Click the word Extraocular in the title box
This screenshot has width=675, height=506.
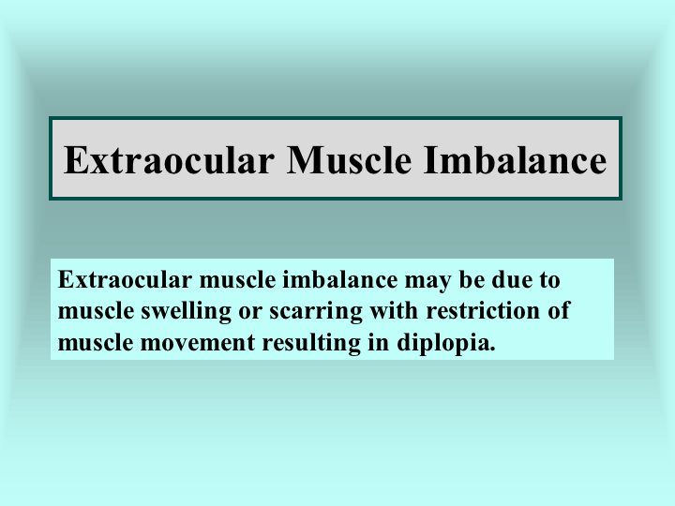169,160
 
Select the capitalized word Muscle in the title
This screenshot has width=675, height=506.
349,159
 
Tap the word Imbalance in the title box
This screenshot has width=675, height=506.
515,159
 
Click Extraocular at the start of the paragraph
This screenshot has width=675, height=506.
125,279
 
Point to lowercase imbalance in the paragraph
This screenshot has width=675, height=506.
340,279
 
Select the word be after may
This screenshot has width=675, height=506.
472,279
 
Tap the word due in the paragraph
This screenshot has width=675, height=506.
512,279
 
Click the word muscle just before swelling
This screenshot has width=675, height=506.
96,311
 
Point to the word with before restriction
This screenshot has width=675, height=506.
394,311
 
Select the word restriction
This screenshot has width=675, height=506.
483,311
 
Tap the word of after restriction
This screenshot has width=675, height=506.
559,310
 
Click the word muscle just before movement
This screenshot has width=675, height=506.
96,343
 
